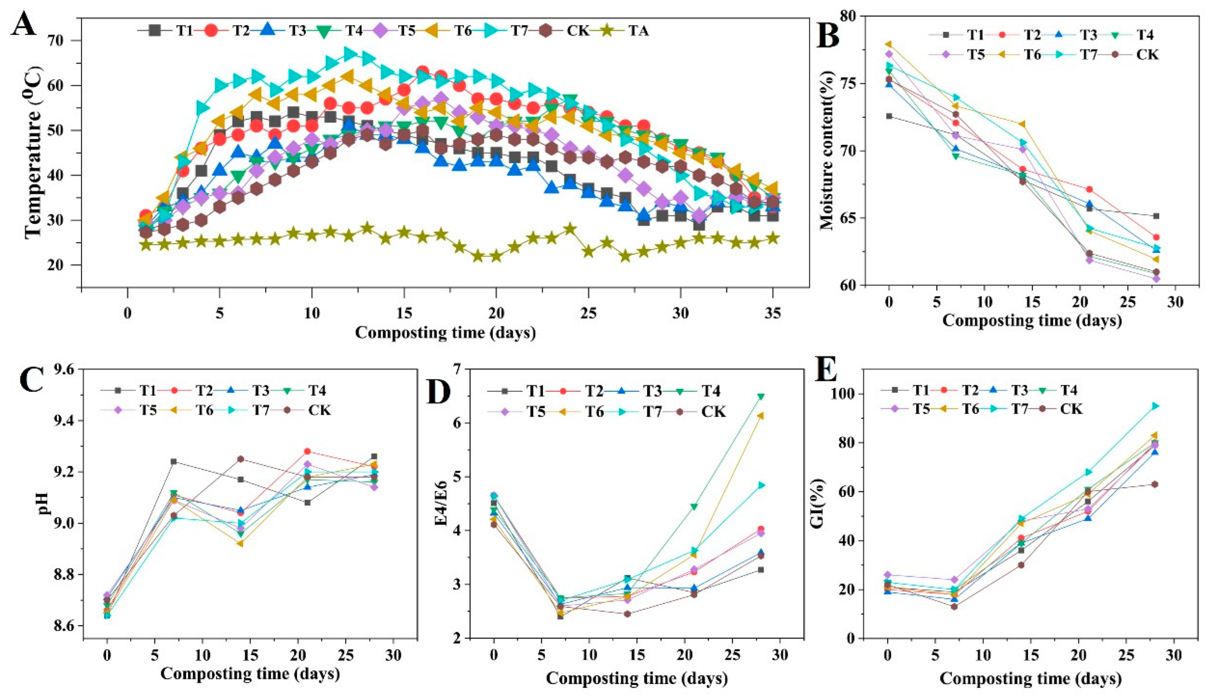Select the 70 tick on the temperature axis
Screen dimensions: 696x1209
click(x=64, y=40)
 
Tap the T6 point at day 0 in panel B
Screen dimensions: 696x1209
click(x=889, y=44)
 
